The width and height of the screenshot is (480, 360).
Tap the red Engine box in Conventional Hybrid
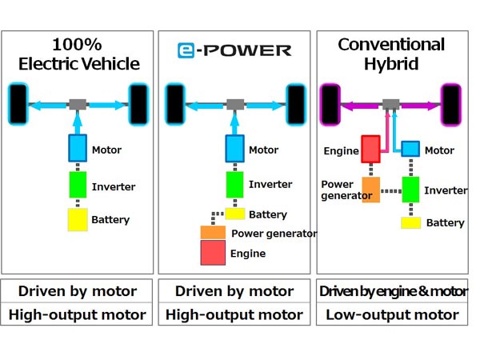click(371, 149)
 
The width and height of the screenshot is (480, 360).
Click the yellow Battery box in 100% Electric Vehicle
click(78, 218)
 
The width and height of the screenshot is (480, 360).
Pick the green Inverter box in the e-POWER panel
click(234, 185)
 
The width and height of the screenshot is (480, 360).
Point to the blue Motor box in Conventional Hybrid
click(410, 150)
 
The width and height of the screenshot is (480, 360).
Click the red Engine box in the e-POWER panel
click(213, 253)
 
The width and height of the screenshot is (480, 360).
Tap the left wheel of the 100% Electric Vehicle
click(16, 104)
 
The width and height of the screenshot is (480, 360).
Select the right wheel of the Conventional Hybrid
click(451, 104)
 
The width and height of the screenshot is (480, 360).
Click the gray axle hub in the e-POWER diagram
click(234, 104)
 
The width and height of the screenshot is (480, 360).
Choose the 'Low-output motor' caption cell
click(392, 314)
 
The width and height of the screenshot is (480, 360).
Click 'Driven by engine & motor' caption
click(392, 291)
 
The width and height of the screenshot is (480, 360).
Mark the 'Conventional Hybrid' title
click(392, 54)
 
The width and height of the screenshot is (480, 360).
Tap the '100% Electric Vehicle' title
click(78, 54)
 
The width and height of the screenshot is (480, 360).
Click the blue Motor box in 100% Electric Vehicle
click(78, 148)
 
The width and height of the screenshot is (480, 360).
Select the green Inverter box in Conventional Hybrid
click(411, 190)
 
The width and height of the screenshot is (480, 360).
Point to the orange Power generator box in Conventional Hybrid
click(371, 190)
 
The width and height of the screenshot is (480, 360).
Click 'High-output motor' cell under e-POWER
click(234, 314)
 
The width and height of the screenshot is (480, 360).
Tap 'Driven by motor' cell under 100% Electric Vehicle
click(78, 291)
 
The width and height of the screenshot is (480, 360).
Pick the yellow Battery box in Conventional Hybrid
click(411, 222)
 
